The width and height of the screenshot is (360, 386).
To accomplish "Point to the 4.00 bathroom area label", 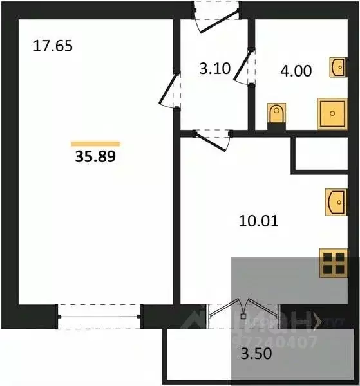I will [296, 70].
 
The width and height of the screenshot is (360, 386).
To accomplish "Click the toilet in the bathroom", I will [277, 115].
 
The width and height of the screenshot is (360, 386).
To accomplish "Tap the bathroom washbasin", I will [338, 66].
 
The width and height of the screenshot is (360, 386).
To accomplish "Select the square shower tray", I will [332, 113].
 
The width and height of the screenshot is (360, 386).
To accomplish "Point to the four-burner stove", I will [335, 263].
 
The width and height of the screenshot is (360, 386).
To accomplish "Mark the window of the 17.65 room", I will [99, 315].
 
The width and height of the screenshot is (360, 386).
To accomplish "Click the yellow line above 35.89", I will [95, 143].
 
